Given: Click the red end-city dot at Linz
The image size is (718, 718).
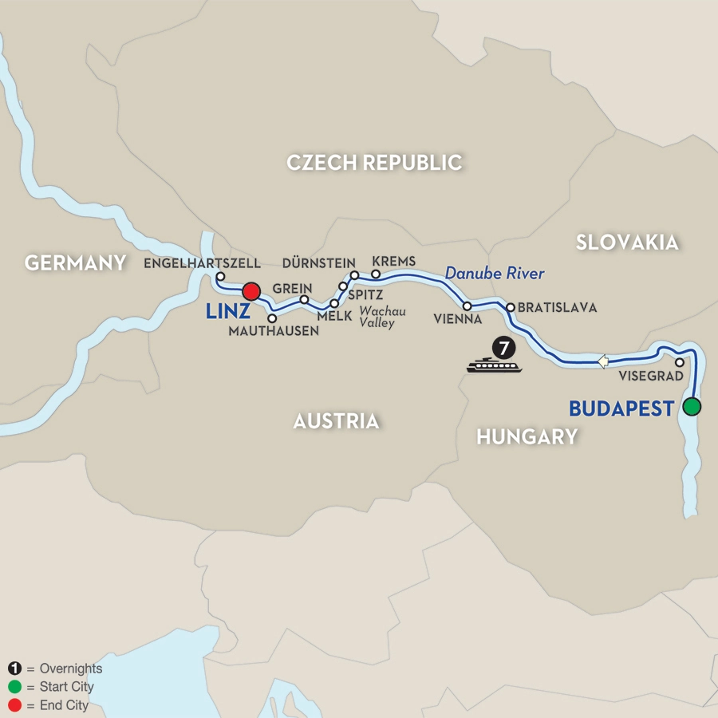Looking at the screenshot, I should tap(252, 291).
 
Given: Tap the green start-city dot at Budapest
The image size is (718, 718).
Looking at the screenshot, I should tap(692, 407).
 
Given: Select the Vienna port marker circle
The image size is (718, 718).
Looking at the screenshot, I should tap(467, 306).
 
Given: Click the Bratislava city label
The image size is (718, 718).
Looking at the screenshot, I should tap(557, 306).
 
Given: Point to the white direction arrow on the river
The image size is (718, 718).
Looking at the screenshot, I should tap(603, 361).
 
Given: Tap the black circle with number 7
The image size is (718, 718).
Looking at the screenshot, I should tap(503, 348).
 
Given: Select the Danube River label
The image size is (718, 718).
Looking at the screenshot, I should tap(495, 274).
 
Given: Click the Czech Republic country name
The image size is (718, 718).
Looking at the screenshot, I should tap(374, 163).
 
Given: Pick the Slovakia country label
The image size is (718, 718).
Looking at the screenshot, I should tap(627, 242).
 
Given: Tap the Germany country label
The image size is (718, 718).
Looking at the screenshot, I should tap(76, 262).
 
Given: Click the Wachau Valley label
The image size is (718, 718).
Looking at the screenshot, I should tap(382, 318).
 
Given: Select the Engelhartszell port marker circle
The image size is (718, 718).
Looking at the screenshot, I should tap(220, 277).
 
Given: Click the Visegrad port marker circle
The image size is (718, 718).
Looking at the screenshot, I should tap(679, 362).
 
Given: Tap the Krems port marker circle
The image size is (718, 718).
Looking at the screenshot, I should tap(376, 274).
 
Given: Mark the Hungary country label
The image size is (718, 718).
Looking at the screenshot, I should tap(527, 436).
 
